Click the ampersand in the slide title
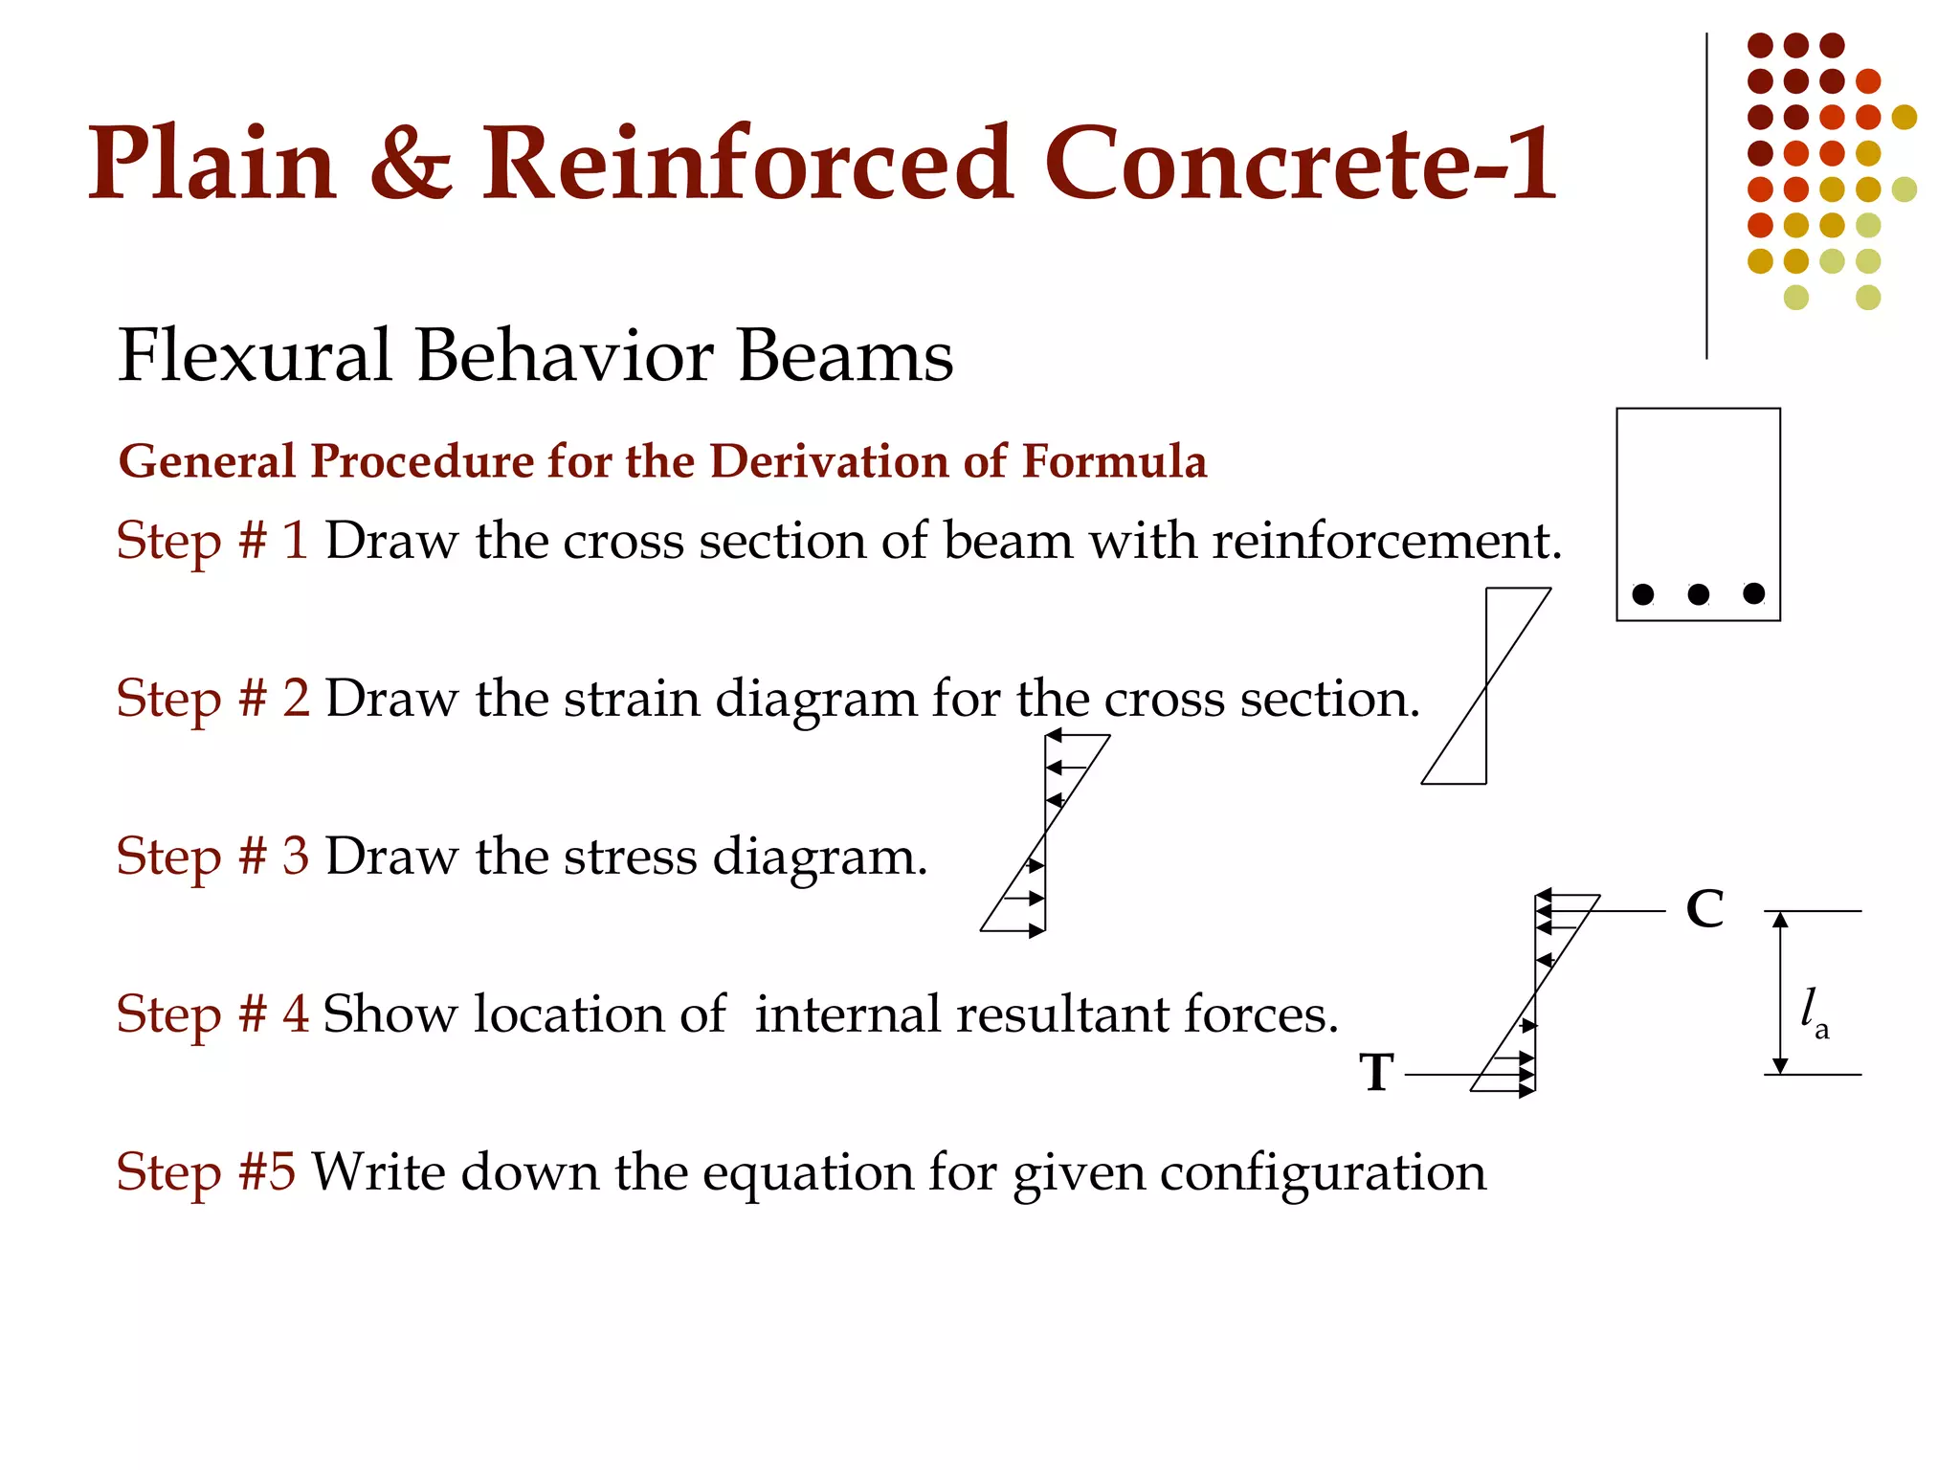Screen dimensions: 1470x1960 [410, 165]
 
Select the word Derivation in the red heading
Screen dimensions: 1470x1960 [830, 461]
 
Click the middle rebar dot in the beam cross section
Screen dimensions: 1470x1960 [1699, 594]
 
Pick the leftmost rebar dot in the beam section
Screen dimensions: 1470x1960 [1643, 594]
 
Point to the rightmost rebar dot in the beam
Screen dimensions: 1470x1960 [1754, 593]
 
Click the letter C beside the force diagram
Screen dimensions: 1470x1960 [1704, 909]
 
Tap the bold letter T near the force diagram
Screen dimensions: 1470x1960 [1377, 1072]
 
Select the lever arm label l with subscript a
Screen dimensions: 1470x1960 [1813, 1013]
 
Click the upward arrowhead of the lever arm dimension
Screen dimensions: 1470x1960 [1780, 921]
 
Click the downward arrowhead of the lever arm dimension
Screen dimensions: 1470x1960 [1780, 1065]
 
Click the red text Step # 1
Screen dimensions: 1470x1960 [212, 541]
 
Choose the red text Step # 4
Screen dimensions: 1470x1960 [212, 1014]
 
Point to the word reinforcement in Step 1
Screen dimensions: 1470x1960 [1387, 542]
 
